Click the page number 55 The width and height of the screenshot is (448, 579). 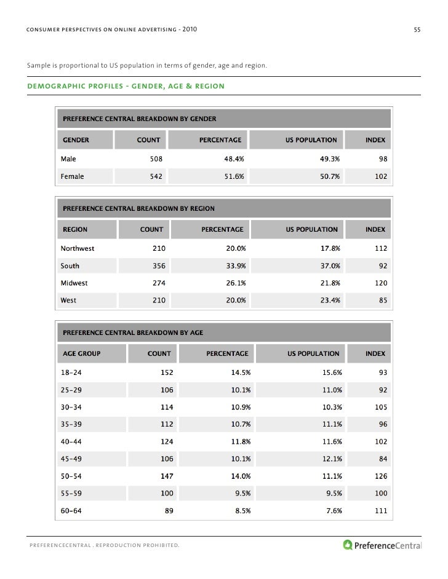pyautogui.click(x=417, y=30)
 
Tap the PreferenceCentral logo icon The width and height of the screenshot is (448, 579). pyautogui.click(x=348, y=544)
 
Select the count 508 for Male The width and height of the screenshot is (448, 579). pyautogui.click(x=156, y=158)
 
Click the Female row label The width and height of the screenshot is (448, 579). pyautogui.click(x=73, y=176)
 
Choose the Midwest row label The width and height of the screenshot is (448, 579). pyautogui.click(x=74, y=283)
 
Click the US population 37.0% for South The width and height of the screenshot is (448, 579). pyautogui.click(x=330, y=266)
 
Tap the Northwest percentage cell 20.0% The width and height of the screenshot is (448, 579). pyautogui.click(x=236, y=249)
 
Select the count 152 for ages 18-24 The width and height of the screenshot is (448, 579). pyautogui.click(x=166, y=373)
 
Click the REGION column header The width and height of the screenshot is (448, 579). pyautogui.click(x=74, y=229)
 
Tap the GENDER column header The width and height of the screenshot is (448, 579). pyautogui.click(x=75, y=140)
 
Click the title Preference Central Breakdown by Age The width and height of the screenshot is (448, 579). pyautogui.click(x=133, y=333)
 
